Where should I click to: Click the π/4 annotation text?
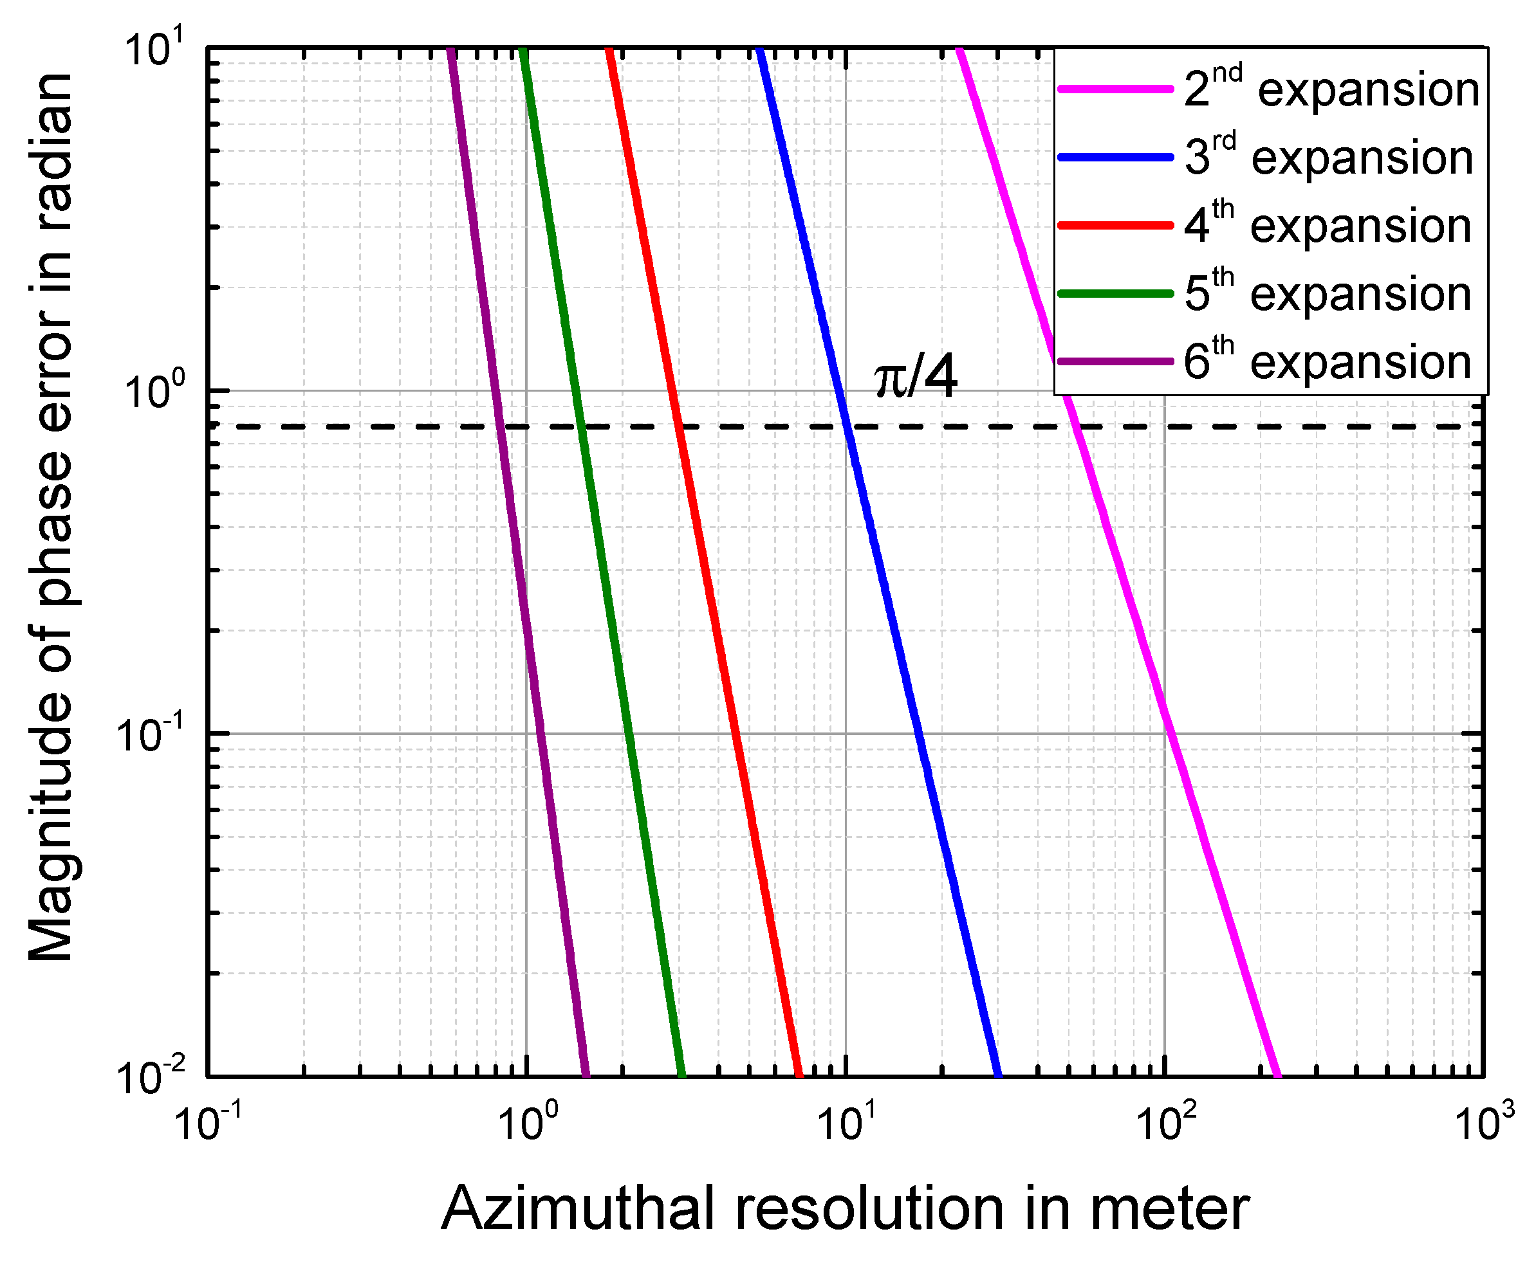pos(915,378)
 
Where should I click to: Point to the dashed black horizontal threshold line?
pos(764,426)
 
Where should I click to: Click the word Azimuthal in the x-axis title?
pos(578,1209)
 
